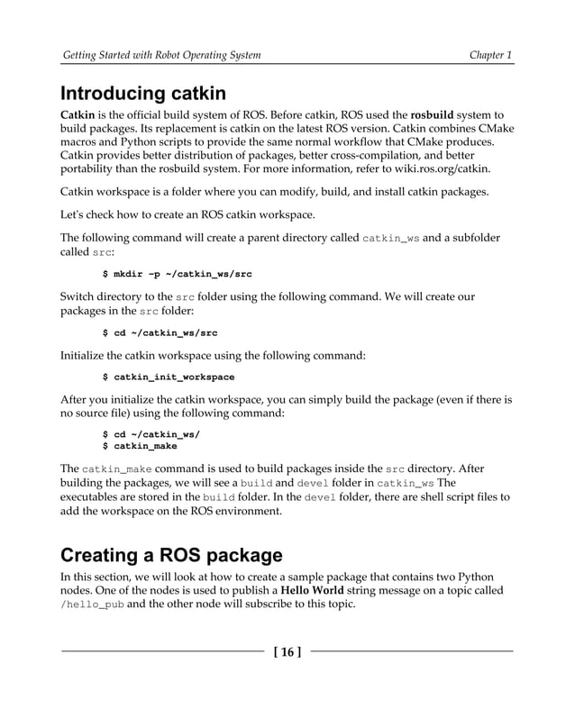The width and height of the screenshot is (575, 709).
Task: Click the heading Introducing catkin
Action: tap(142, 94)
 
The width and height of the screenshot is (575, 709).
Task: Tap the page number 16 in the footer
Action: tap(287, 651)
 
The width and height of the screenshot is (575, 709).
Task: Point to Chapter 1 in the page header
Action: tap(491, 56)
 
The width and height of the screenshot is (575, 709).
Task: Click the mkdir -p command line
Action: tap(178, 274)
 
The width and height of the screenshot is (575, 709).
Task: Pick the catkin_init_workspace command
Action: tap(169, 377)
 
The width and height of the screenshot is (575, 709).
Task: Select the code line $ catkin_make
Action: tap(140, 445)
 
